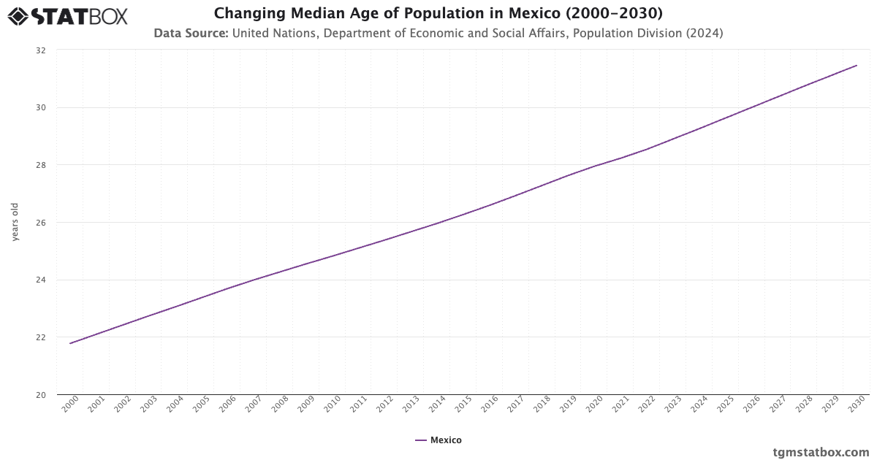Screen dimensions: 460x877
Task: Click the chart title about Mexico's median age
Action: click(x=438, y=14)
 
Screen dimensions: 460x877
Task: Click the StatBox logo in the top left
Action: click(x=67, y=16)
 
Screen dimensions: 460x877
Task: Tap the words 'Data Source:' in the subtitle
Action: click(x=191, y=33)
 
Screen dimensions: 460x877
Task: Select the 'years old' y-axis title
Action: click(x=15, y=222)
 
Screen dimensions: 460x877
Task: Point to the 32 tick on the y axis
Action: click(x=40, y=50)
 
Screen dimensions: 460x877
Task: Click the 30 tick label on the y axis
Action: click(x=40, y=108)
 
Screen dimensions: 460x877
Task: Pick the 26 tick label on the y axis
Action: click(x=40, y=223)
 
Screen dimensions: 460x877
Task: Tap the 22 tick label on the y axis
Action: click(x=40, y=337)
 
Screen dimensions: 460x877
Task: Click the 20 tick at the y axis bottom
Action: click(x=40, y=395)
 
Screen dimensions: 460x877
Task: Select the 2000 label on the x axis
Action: click(x=70, y=406)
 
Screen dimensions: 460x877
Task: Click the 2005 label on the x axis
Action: click(x=201, y=406)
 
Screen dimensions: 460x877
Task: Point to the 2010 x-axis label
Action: click(x=332, y=406)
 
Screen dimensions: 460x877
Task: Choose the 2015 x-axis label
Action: click(x=463, y=406)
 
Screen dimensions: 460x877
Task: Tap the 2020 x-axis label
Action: click(x=594, y=406)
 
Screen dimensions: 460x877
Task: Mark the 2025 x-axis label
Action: click(x=725, y=406)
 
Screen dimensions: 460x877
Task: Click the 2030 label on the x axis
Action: click(x=856, y=406)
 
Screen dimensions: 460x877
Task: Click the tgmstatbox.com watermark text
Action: click(x=821, y=452)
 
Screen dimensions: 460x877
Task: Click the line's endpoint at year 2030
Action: click(x=857, y=66)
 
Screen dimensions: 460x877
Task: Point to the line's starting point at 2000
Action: click(x=70, y=343)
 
